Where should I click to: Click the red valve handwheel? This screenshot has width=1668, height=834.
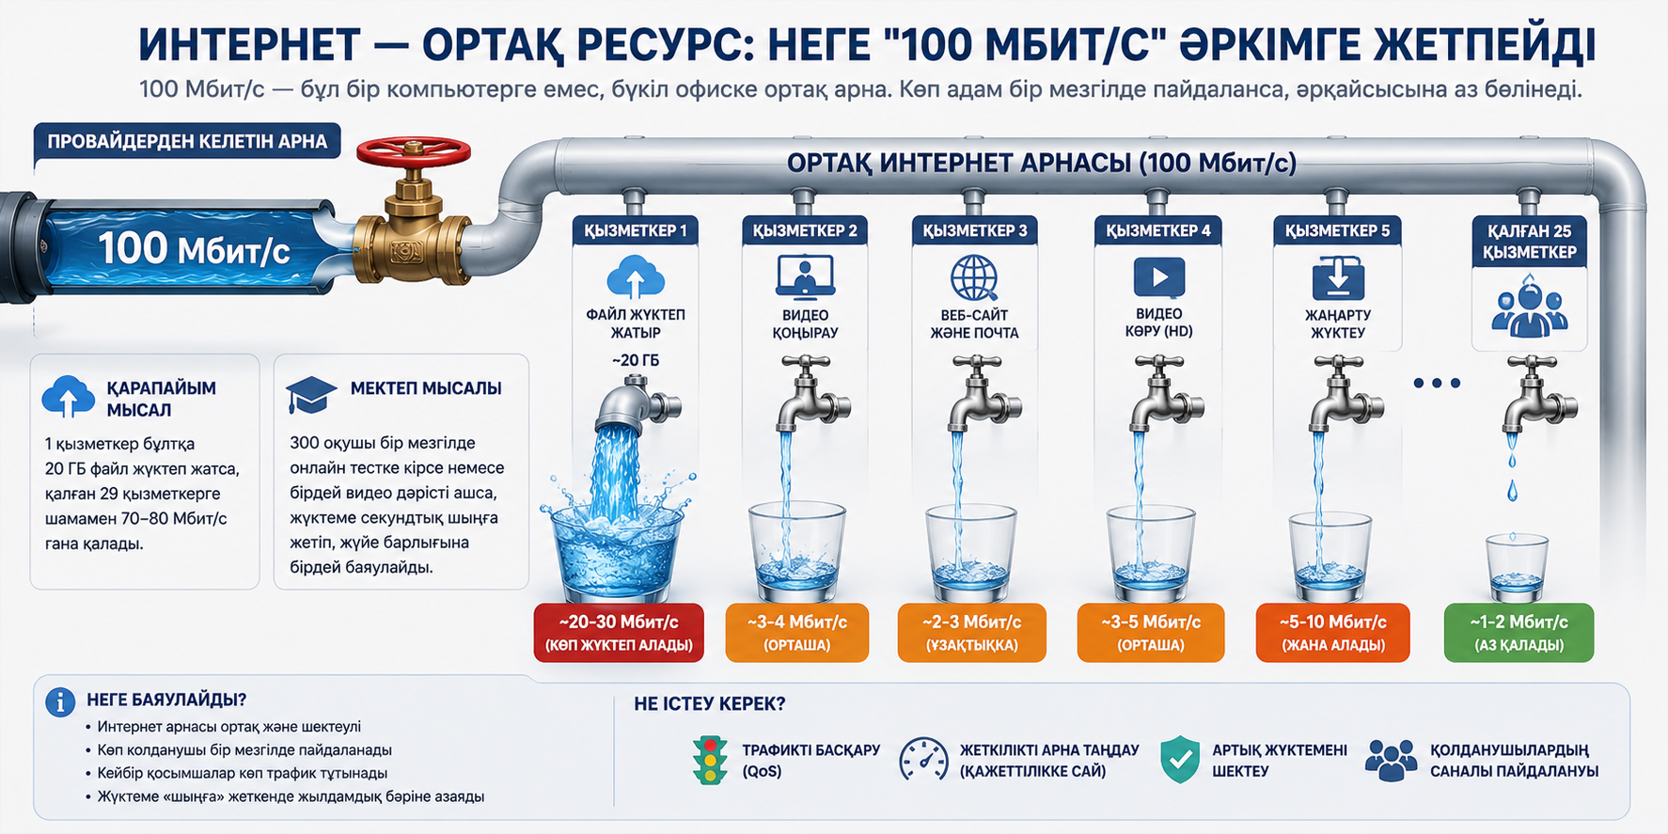[414, 151]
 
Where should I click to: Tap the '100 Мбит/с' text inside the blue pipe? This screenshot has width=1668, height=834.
[194, 249]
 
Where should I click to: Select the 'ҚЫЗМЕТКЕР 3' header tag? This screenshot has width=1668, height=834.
[974, 230]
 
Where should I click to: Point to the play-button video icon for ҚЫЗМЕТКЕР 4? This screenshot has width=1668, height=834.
[1158, 277]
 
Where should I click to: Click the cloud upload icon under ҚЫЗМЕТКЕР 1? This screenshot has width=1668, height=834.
[636, 277]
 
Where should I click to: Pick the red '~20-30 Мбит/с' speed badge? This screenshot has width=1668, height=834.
[619, 633]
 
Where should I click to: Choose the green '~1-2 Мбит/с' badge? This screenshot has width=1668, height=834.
[1519, 633]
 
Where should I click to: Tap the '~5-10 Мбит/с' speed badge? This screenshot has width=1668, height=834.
[1332, 633]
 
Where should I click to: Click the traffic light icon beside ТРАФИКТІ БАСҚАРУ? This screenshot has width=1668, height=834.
[710, 760]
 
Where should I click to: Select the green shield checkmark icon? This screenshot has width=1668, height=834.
[1180, 760]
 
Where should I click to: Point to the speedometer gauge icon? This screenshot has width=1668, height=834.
[923, 760]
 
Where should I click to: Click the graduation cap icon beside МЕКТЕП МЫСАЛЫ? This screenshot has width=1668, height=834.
[311, 395]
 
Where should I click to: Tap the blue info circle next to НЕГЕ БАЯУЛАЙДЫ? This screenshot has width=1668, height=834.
[60, 702]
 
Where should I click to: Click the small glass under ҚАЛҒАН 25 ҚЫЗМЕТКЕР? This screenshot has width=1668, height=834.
[1516, 568]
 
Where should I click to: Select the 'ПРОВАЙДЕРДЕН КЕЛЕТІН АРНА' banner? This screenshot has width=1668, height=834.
[187, 142]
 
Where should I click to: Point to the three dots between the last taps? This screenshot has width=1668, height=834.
[1437, 383]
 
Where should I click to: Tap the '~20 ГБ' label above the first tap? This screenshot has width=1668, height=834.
[636, 360]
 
